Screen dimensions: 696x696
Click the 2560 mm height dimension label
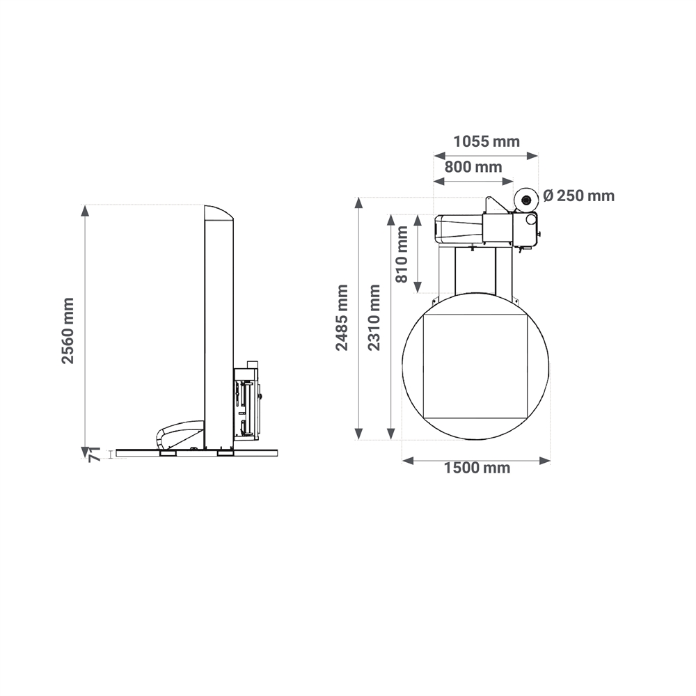coord(68,331)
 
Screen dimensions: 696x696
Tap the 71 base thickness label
coord(95,455)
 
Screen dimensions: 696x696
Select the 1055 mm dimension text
coord(487,141)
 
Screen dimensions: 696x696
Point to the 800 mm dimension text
coord(473,167)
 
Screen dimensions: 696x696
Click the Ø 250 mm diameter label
coord(579,196)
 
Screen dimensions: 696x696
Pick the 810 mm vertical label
coord(402,254)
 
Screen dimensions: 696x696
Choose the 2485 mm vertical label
coord(342,318)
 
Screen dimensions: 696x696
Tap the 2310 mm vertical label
coord(374,318)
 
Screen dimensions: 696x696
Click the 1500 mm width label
coord(477,468)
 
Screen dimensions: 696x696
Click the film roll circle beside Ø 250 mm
coord(526,200)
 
